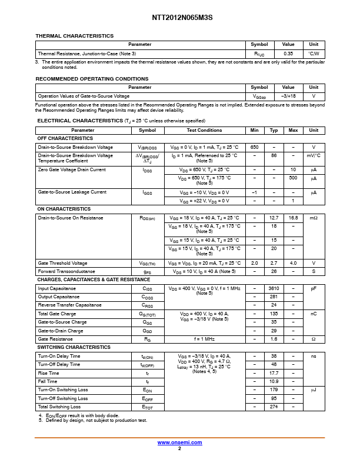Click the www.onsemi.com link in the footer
(x=179, y=442)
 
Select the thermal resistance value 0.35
(x=288, y=54)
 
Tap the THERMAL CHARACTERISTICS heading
(x=75, y=36)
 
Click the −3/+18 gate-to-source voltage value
(x=288, y=96)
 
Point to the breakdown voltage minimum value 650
(x=254, y=147)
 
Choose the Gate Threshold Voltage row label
(x=62, y=263)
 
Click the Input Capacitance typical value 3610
(x=274, y=288)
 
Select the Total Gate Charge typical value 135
(x=274, y=314)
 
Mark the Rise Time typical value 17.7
(x=274, y=373)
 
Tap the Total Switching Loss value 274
(x=274, y=407)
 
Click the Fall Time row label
(x=48, y=381)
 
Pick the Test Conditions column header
(x=204, y=130)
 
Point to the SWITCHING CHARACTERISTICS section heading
(x=74, y=347)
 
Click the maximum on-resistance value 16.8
(x=293, y=218)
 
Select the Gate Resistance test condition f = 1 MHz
(x=204, y=339)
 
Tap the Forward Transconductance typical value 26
(x=274, y=271)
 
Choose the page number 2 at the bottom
(x=179, y=448)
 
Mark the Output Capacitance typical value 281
(x=274, y=297)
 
